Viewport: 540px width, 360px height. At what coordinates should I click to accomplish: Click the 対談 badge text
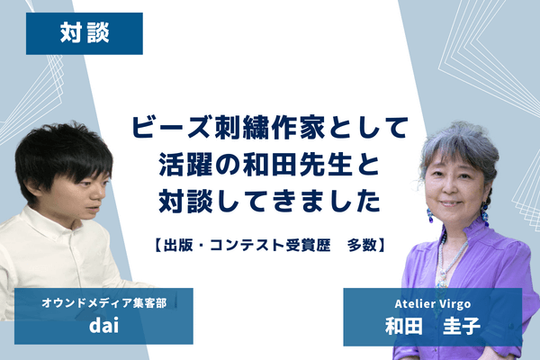pos(85,33)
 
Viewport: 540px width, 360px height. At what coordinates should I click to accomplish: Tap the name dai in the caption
pos(103,325)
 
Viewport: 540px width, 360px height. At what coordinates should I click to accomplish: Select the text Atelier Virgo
pos(433,304)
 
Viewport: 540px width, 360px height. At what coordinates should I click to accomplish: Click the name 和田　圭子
pos(433,326)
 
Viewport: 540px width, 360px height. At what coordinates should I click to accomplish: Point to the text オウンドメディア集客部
pos(103,302)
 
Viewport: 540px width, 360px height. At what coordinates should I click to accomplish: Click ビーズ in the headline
pos(171,128)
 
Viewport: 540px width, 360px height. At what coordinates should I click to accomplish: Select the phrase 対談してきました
pos(270,201)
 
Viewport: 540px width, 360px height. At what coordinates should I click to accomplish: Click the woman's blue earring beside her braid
pos(484,212)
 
